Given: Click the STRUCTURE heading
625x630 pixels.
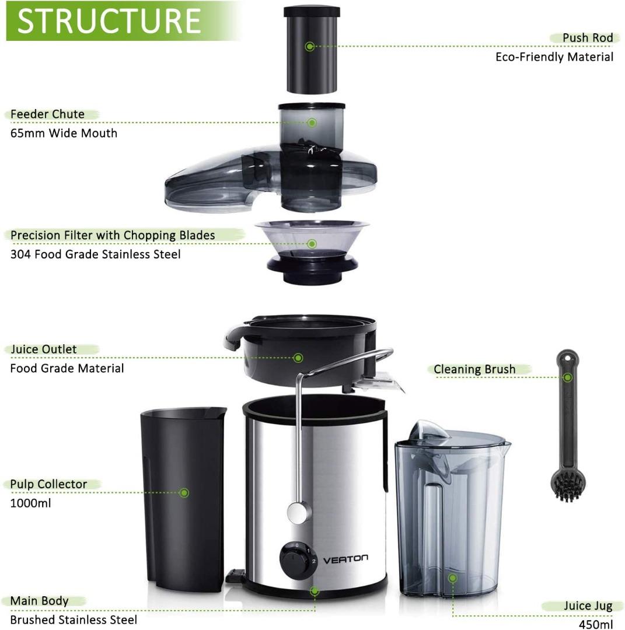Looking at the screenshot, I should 109,21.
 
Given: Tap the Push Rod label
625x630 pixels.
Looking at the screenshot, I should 587,38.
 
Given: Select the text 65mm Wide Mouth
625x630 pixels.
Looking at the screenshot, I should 64,133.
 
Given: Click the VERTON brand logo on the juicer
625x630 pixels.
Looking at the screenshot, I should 345,558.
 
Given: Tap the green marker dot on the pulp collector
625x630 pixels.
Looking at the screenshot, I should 184,493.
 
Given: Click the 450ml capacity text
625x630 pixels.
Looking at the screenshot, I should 596,624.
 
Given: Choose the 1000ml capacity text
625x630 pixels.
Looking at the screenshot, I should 31,503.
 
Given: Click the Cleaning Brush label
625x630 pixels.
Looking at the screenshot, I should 474,369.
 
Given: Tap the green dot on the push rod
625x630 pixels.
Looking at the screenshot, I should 310,46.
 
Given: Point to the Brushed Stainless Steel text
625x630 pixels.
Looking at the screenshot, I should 74,619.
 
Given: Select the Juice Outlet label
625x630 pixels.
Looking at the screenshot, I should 44,349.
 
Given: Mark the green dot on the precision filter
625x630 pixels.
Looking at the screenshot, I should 312,244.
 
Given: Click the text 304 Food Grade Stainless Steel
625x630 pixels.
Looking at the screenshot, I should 95,254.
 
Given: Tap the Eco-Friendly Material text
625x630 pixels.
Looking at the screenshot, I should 554,57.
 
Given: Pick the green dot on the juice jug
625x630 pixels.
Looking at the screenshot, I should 452,578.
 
